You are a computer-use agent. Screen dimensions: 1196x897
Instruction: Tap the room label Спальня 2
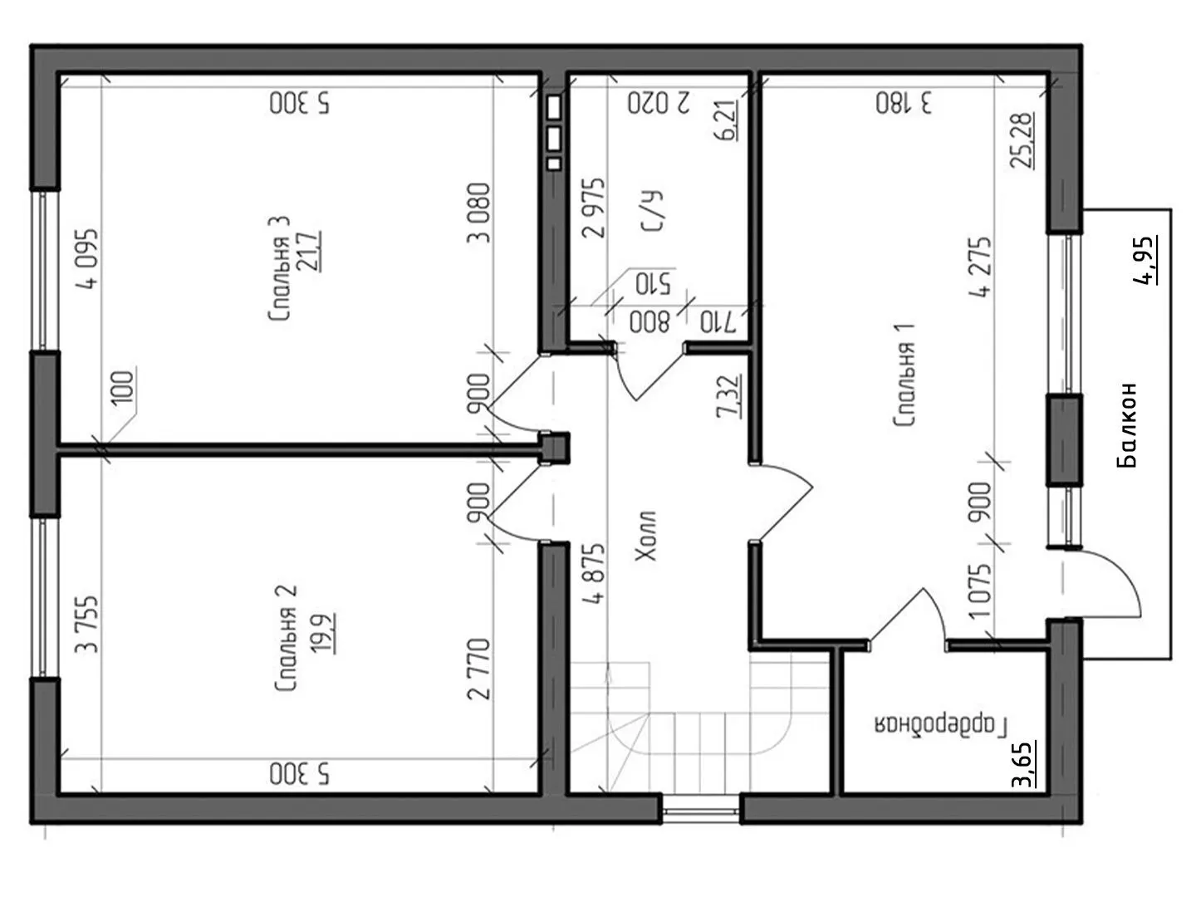point(286,639)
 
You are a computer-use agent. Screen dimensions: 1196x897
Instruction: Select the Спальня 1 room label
point(904,375)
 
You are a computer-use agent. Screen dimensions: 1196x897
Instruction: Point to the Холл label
point(646,536)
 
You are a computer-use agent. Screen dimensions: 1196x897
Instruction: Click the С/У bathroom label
point(652,211)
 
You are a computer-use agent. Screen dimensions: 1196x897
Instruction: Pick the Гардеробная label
point(941,725)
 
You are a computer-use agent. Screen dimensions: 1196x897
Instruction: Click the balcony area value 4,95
point(1145,260)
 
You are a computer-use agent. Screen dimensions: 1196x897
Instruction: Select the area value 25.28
point(1022,140)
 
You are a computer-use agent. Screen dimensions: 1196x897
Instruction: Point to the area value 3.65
point(1023,764)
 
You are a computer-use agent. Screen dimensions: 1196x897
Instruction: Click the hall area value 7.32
point(728,396)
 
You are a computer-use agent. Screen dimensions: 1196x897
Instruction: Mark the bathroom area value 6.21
point(727,120)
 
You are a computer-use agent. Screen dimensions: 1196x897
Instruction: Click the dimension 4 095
point(87,258)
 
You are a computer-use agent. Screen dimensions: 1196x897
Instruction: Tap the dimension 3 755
point(86,625)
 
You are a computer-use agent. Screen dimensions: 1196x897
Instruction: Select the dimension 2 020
point(659,103)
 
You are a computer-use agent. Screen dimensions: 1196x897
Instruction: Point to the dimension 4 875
point(594,573)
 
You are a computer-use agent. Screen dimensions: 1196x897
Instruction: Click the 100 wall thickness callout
point(124,387)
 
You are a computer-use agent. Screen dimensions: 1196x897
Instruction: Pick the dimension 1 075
point(980,591)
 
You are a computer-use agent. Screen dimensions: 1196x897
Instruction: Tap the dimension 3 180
point(904,103)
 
